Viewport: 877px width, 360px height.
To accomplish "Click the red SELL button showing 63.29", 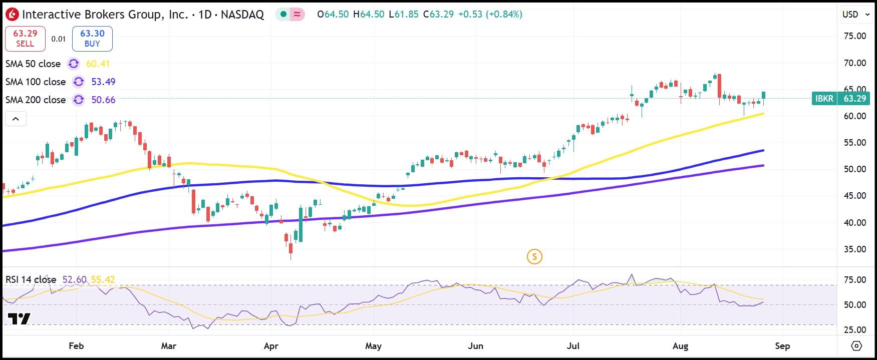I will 25,39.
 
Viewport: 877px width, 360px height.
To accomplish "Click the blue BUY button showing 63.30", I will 92,39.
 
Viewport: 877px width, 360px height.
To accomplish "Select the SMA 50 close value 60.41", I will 98,64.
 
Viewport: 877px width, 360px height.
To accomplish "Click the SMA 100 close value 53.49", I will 103,82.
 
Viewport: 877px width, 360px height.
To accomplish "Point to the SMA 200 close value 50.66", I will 103,100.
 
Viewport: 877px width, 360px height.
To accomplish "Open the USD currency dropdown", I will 855,15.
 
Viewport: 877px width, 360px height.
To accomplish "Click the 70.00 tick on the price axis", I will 854,63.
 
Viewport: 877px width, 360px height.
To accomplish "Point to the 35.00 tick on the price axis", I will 854,249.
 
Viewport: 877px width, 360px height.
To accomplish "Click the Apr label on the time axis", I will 271,346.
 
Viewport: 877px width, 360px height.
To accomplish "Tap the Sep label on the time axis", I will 782,346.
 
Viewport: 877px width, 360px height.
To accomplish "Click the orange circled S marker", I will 534,257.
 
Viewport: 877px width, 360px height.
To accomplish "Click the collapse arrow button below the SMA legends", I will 16,119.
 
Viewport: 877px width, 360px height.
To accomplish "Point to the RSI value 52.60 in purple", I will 74,279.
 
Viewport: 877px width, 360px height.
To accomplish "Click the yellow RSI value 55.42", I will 103,279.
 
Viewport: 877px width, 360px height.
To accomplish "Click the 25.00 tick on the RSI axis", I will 854,329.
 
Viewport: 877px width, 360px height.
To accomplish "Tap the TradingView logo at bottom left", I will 19,318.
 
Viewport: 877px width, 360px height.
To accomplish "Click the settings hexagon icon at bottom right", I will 856,346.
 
